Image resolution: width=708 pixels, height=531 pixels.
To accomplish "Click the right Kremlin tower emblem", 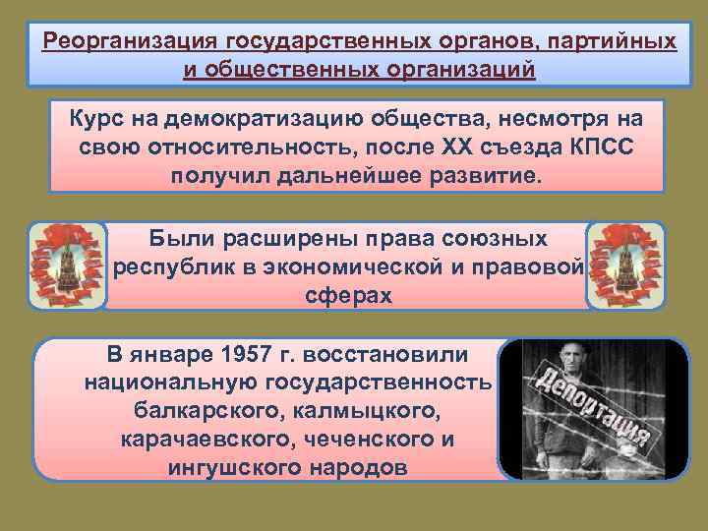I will pyautogui.click(x=625, y=265).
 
